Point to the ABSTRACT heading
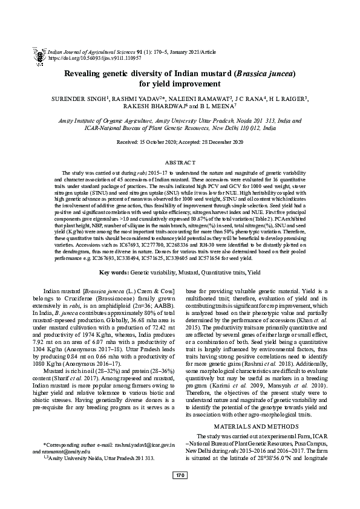pyautogui.click(x=180, y=163)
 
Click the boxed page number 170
pyautogui.click(x=180, y=493)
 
